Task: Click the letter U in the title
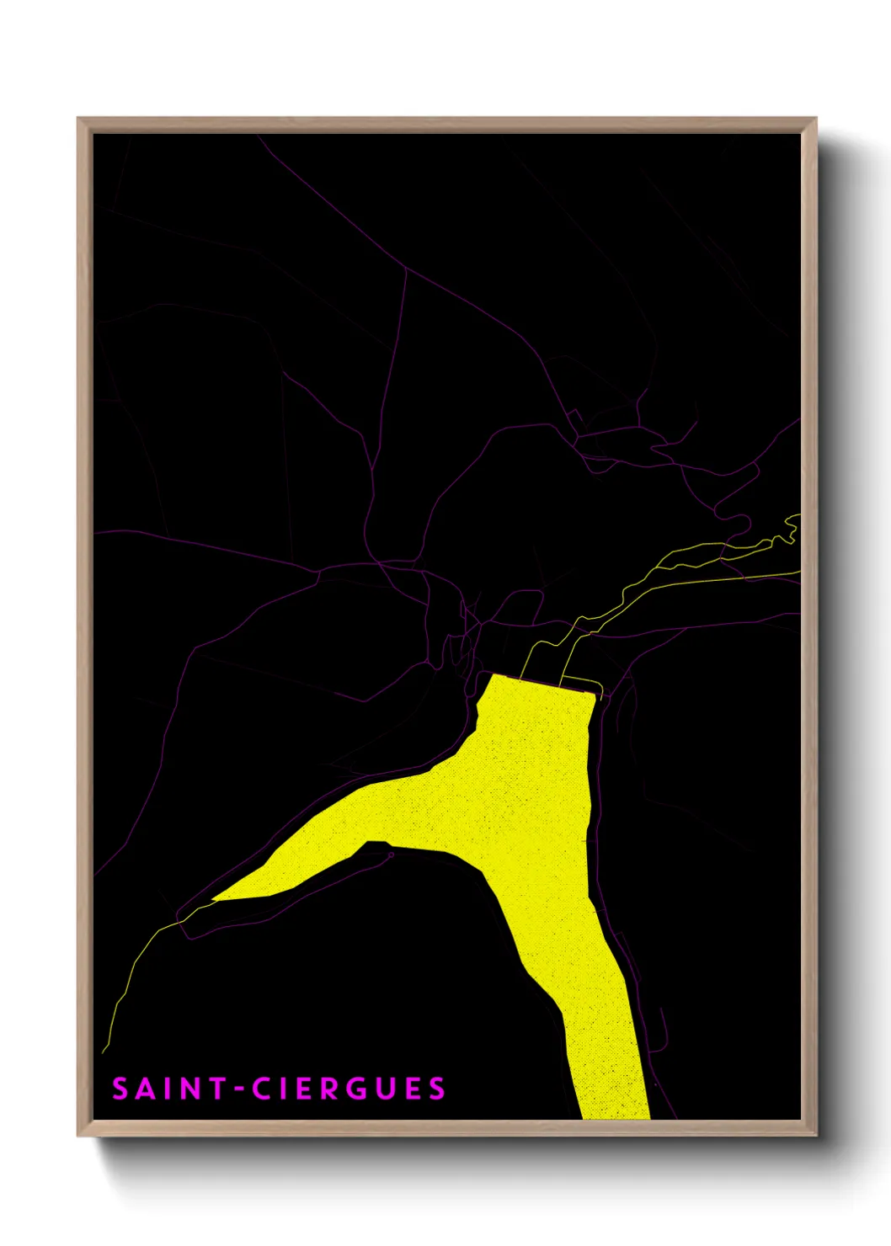384,1089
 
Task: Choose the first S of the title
120,1089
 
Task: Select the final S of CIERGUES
436,1089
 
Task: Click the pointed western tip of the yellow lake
214,899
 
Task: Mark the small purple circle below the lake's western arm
391,855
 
